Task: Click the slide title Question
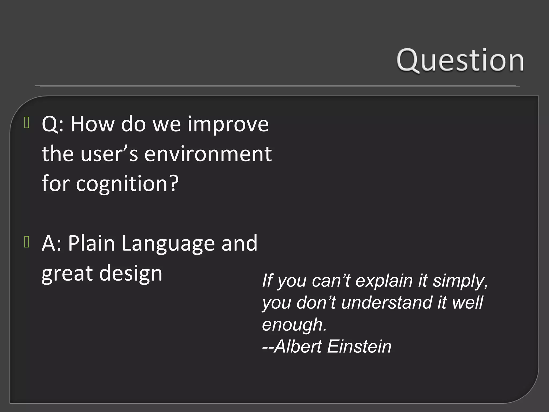point(460,61)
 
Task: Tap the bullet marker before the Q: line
point(27,123)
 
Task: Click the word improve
point(228,125)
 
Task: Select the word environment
point(208,154)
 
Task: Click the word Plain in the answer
point(91,243)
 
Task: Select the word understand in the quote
point(387,303)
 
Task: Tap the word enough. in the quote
point(294,325)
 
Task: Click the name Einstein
point(359,346)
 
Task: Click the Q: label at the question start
point(53,125)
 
